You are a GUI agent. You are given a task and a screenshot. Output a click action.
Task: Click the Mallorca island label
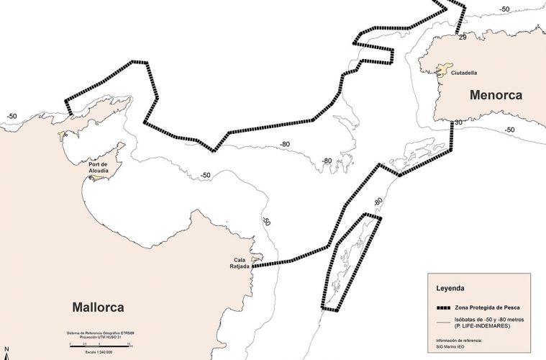click(x=98, y=307)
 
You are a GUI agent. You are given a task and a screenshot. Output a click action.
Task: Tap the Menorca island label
click(x=496, y=95)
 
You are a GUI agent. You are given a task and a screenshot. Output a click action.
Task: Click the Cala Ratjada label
click(x=241, y=264)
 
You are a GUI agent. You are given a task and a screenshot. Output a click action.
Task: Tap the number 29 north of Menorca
click(x=463, y=37)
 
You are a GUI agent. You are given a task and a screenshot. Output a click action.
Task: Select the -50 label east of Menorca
click(x=509, y=130)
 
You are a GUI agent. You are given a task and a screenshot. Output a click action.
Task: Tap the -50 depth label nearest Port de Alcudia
click(x=206, y=176)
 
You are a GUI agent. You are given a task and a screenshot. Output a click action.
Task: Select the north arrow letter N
click(x=6, y=355)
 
